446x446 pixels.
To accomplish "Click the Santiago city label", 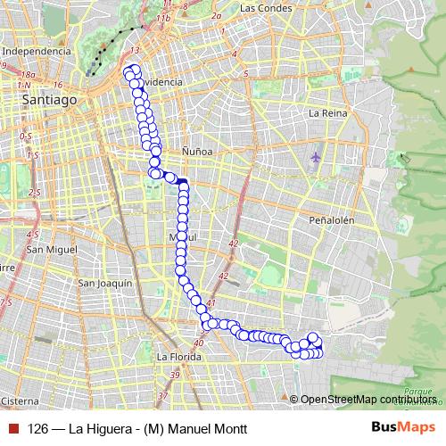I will [50, 101].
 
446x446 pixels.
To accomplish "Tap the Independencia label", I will [37, 52].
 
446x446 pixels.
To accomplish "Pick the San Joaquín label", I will [105, 283].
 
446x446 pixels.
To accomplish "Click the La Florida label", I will [176, 356].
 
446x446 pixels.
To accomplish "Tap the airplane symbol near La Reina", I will [316, 158].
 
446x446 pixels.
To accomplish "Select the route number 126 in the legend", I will [37, 428].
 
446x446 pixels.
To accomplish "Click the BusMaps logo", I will [403, 427].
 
